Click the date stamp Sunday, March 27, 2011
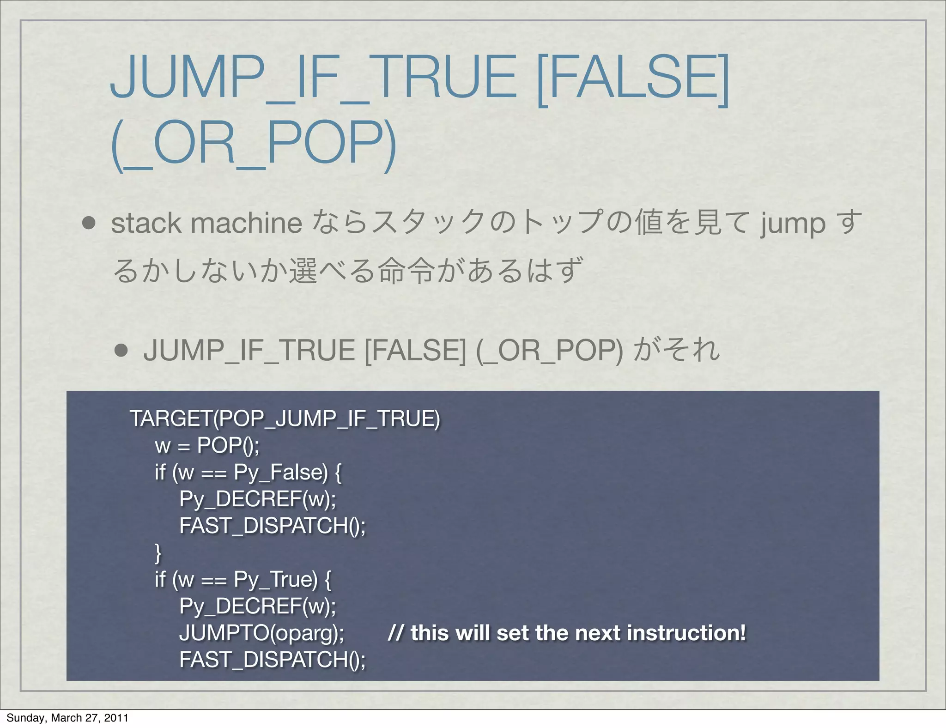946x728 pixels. [67, 717]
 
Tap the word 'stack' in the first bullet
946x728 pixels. [146, 223]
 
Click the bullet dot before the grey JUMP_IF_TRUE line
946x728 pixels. [121, 350]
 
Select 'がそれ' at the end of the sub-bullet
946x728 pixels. [677, 350]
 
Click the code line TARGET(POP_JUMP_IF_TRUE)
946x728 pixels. [285, 419]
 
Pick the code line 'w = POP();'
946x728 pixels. [207, 445]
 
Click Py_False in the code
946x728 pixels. [280, 473]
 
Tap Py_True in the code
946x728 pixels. [275, 579]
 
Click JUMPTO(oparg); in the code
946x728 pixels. [261, 633]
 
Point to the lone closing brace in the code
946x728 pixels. [158, 552]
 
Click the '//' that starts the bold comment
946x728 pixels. [395, 633]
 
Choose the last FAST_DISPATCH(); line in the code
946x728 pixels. [273, 660]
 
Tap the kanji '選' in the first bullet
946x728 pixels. [303, 271]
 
